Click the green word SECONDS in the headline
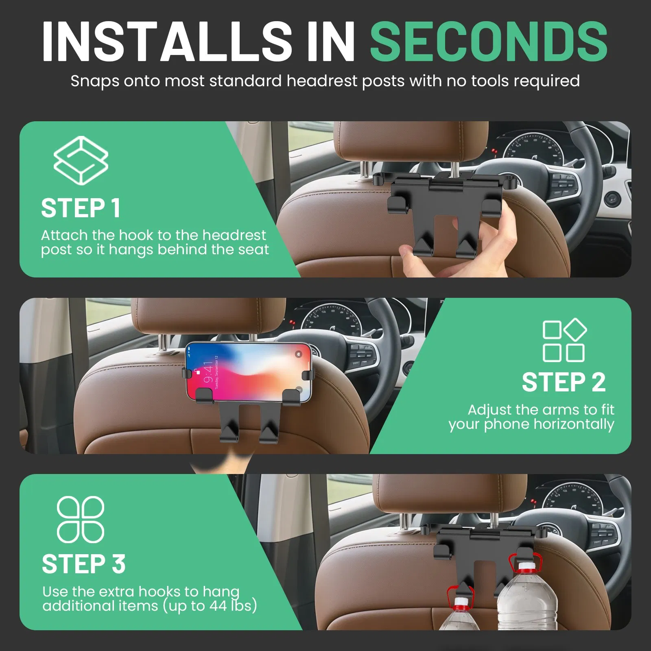(488, 42)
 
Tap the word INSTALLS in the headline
(167, 42)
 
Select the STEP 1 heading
(81, 208)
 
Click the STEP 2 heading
(564, 382)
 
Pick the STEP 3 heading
(83, 564)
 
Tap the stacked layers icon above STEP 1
(81, 160)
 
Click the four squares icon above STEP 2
(564, 341)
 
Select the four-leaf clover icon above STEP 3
(81, 520)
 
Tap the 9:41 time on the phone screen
(208, 372)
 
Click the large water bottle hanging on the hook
(527, 598)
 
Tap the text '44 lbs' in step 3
(233, 606)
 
